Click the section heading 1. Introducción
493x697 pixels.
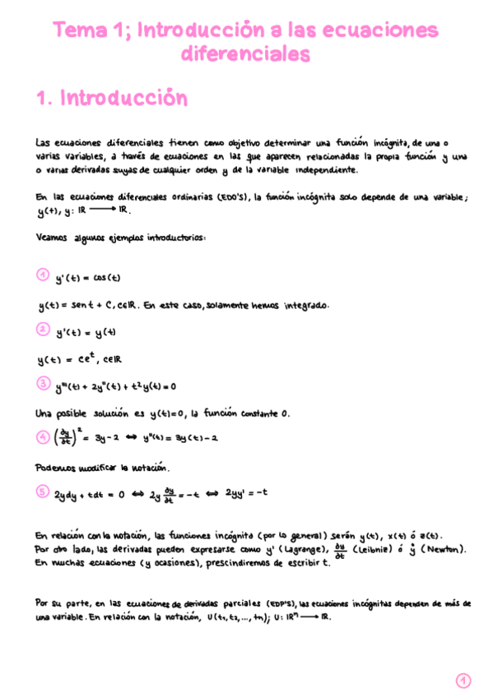[112, 99]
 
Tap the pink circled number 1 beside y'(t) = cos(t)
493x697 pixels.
[44, 275]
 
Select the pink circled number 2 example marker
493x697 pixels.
[44, 330]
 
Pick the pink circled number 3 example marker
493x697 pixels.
[44, 383]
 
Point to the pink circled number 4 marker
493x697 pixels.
[44, 437]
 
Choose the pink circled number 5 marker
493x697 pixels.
[44, 492]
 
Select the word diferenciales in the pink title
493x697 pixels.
[245, 54]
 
